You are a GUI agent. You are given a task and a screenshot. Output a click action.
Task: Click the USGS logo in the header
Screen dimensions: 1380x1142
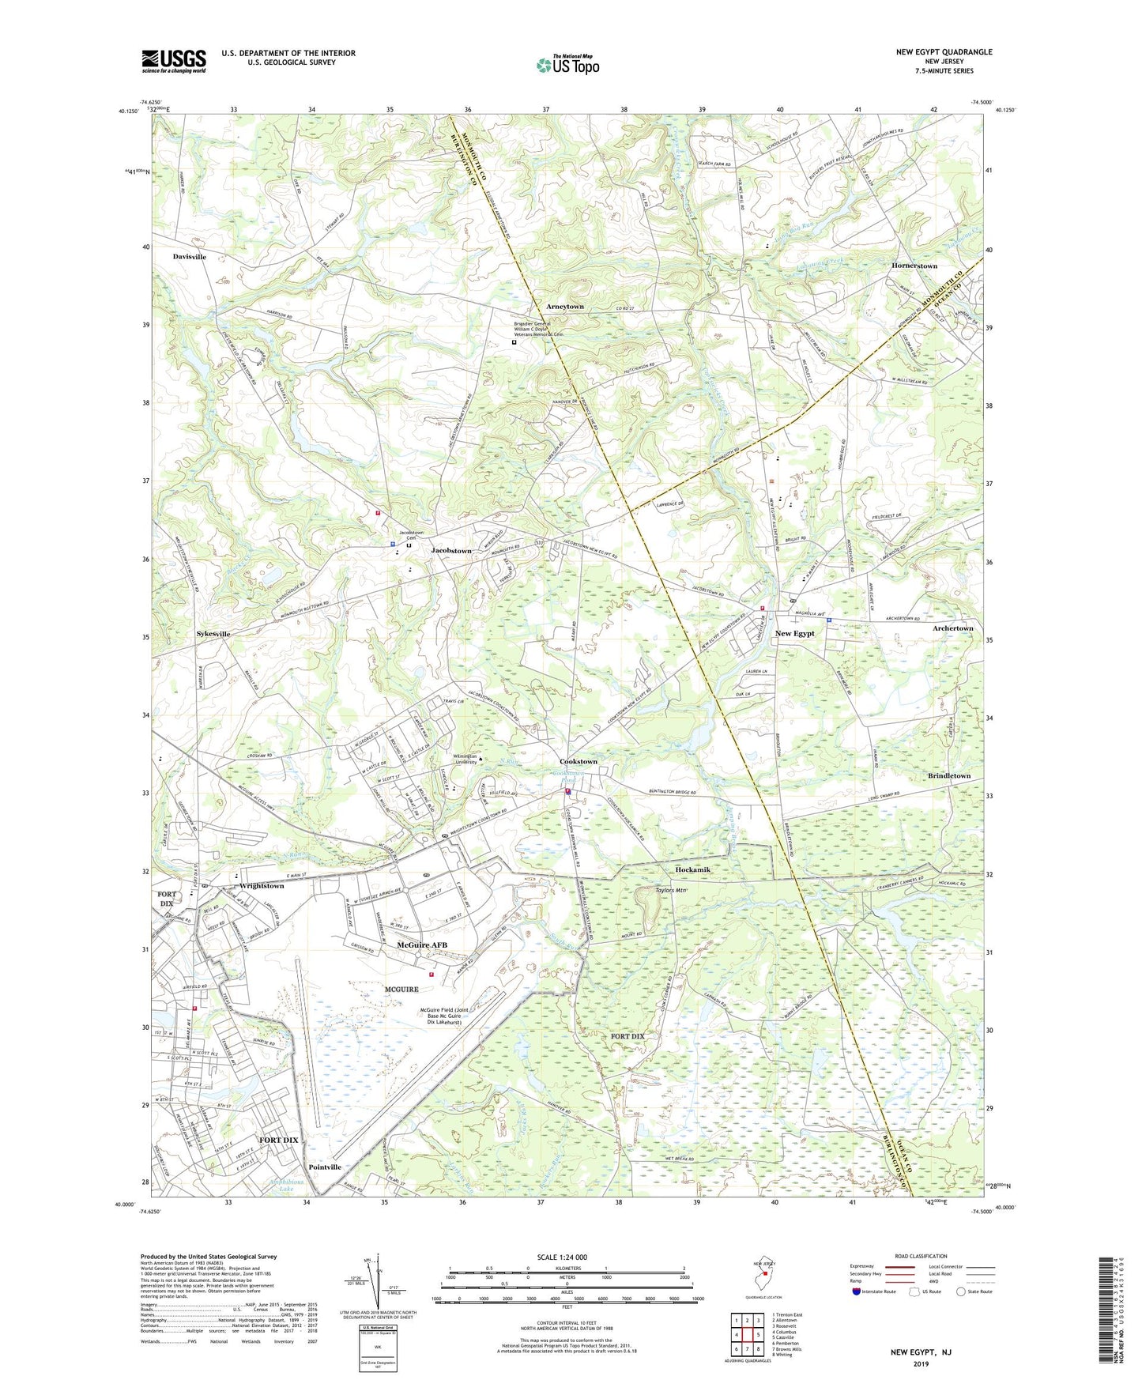pos(174,61)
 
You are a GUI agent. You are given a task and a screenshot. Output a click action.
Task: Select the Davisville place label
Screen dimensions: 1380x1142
pos(190,257)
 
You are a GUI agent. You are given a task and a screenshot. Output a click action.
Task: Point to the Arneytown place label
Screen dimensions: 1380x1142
pos(565,306)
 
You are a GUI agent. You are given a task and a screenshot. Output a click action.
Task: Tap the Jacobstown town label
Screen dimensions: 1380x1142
pos(451,550)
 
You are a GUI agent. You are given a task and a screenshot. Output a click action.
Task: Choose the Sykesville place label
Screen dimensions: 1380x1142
pos(213,634)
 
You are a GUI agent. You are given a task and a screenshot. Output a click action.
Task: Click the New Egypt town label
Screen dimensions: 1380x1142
pos(794,633)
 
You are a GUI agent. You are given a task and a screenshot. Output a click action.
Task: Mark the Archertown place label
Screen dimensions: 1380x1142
pos(953,628)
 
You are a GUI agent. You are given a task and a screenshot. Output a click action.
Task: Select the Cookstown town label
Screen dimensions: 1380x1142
pos(579,761)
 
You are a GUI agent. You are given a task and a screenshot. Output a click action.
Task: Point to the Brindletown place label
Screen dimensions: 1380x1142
pos(949,776)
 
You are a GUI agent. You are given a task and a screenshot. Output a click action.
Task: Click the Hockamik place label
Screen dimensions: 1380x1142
pos(693,869)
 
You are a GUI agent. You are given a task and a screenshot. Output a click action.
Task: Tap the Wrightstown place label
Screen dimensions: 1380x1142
pos(262,886)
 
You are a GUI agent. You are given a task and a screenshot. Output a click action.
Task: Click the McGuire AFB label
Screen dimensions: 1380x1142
pos(422,945)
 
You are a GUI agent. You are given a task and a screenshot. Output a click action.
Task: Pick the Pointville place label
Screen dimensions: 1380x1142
pos(325,1167)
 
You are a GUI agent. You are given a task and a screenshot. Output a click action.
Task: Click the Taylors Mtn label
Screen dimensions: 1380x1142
pos(654,890)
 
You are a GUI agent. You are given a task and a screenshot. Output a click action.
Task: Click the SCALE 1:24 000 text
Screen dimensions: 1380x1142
pos(561,1257)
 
